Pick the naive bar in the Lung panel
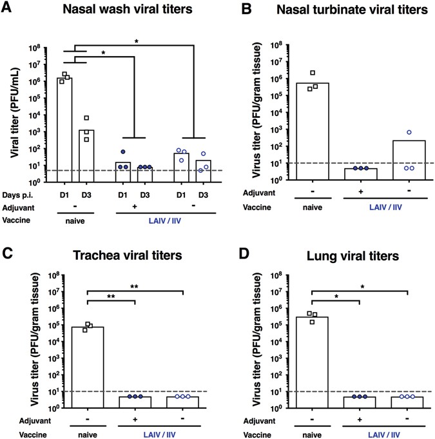[312, 361]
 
